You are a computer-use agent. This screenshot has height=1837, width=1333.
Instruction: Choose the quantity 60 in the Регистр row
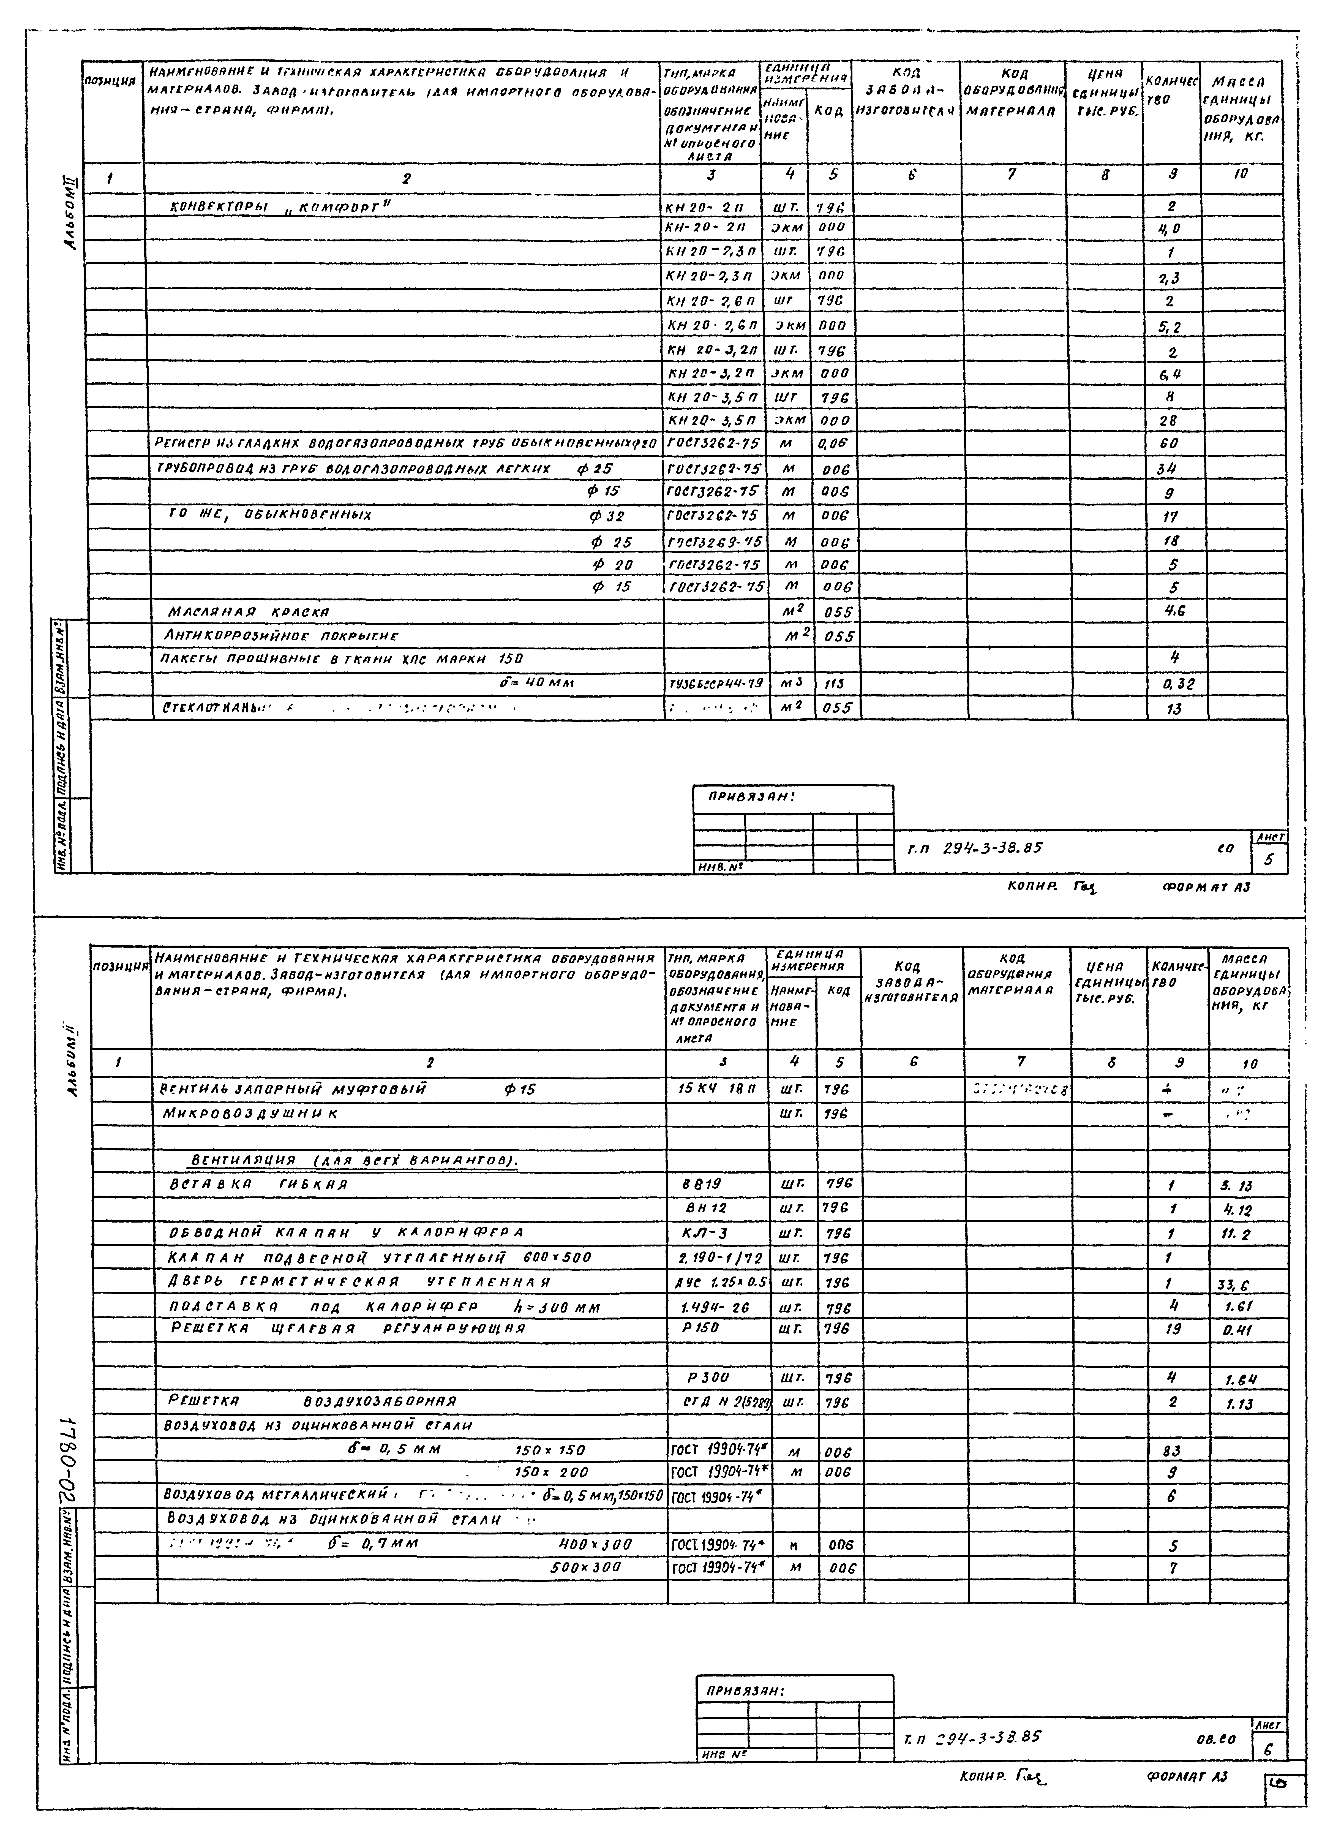[x=1169, y=444]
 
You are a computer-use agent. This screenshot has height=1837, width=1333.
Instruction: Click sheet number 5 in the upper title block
[x=1268, y=860]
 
